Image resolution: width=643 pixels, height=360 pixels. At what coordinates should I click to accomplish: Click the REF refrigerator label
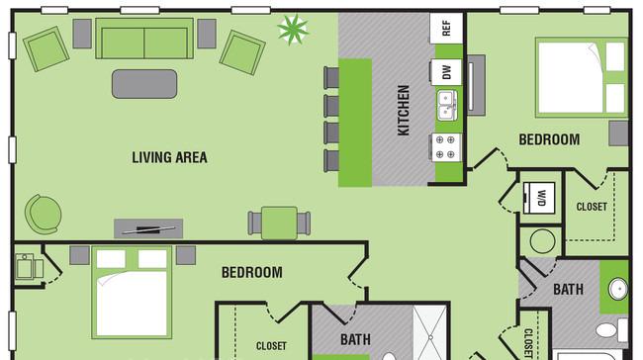coord(446,28)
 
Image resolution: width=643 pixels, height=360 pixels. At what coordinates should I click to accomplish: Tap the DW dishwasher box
coord(446,72)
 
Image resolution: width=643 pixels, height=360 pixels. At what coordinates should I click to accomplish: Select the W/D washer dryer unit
coord(541,195)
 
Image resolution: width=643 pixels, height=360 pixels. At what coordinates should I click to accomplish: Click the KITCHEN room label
coord(404,110)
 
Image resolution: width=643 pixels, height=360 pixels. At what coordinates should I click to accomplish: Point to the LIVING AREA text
coord(170,156)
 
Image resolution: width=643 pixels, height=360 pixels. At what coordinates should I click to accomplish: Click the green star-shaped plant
coord(293,30)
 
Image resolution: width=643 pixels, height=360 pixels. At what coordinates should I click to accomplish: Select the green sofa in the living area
coord(144,40)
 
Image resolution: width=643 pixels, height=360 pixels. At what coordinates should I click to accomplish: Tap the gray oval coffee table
coord(144,83)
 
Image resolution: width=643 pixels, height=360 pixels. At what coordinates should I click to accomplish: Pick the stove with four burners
coord(446,147)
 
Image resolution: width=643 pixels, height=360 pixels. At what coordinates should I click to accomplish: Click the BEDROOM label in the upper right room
coord(549,139)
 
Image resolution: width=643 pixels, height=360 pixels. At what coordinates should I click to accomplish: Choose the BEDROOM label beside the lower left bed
coord(251,272)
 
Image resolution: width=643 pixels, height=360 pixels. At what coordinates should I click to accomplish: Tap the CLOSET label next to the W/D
coord(591,207)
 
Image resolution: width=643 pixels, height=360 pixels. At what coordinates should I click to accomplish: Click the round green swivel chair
coord(43,213)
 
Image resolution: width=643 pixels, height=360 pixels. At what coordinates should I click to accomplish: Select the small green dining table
coord(279,222)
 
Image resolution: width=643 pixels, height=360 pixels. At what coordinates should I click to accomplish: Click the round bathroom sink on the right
coord(616,290)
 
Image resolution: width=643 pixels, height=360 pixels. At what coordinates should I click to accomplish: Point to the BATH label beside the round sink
coord(568,290)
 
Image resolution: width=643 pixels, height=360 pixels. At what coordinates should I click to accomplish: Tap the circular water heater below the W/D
coord(541,240)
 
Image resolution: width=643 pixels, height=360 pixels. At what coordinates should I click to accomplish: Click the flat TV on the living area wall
coord(148,228)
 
